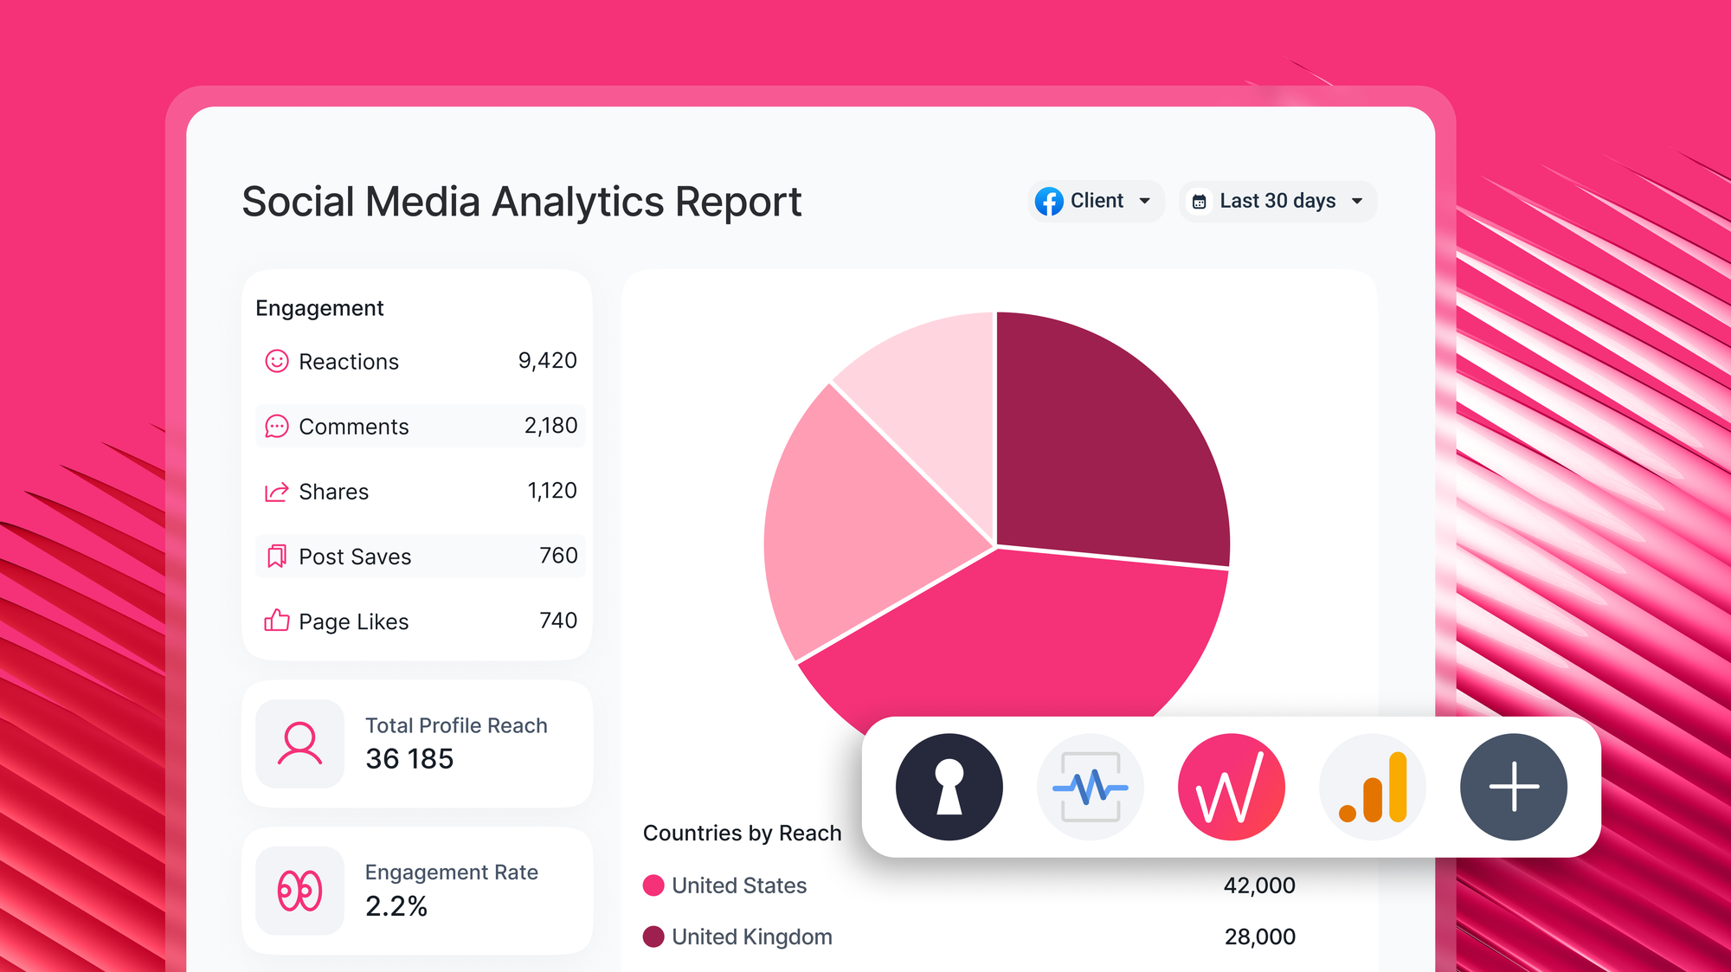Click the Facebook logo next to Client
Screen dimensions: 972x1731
click(1049, 201)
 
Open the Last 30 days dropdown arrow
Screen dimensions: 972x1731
click(1357, 201)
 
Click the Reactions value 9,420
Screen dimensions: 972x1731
click(547, 361)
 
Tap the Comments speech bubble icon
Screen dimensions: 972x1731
click(276, 427)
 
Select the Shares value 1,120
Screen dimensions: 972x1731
click(551, 491)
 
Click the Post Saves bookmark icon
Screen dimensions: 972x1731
click(276, 556)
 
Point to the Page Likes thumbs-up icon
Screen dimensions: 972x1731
click(276, 621)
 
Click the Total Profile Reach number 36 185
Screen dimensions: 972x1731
click(409, 759)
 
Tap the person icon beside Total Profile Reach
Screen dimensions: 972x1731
click(299, 743)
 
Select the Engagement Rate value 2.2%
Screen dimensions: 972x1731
click(396, 906)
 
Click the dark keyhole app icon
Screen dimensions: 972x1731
click(949, 787)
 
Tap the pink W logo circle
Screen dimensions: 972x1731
click(1231, 787)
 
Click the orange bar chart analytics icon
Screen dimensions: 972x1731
click(1373, 787)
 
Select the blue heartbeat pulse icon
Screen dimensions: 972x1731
click(1090, 787)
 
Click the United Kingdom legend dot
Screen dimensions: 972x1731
click(653, 937)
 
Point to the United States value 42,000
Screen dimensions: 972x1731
click(1259, 885)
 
